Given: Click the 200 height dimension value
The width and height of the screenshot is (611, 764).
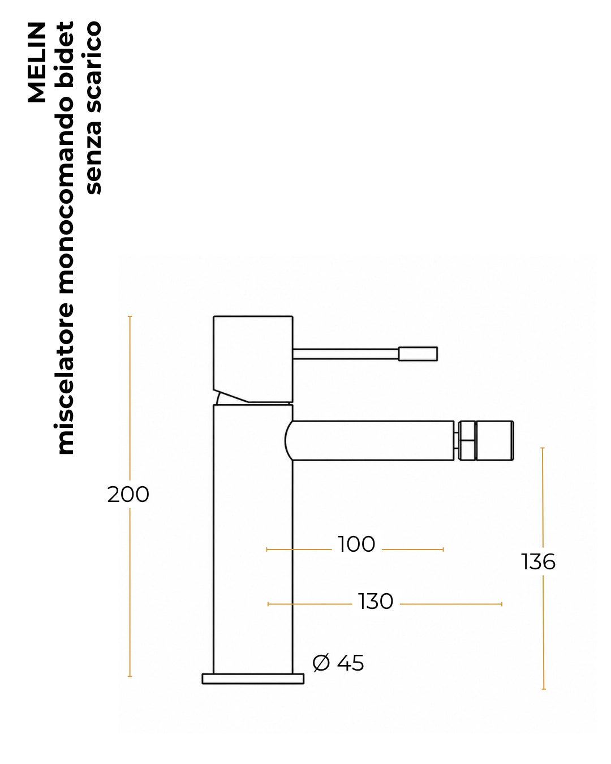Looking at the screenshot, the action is [128, 494].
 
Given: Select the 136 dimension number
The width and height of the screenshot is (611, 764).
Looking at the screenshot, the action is [538, 562].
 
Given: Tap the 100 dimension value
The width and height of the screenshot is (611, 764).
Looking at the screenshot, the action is [356, 544].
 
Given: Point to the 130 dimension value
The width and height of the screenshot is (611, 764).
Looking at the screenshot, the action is [375, 602].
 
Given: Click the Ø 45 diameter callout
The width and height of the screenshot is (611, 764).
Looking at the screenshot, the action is [338, 663].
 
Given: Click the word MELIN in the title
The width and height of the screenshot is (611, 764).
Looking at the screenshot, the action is [37, 62].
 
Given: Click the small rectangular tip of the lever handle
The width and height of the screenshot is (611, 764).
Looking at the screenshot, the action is [418, 354].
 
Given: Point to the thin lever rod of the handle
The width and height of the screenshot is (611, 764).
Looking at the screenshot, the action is [346, 354].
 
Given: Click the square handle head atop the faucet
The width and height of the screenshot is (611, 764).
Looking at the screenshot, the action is [253, 359].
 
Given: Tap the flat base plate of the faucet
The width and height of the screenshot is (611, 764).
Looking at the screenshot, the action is [253, 679].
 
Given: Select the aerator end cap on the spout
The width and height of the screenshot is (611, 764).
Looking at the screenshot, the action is [495, 441].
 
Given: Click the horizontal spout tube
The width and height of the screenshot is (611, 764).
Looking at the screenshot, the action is [369, 441].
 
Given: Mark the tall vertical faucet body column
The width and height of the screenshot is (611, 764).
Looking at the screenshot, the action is [253, 539].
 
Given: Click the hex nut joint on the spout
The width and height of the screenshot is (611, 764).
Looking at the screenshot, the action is [467, 441].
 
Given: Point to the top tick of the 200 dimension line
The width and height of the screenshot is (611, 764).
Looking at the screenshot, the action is [130, 316].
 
